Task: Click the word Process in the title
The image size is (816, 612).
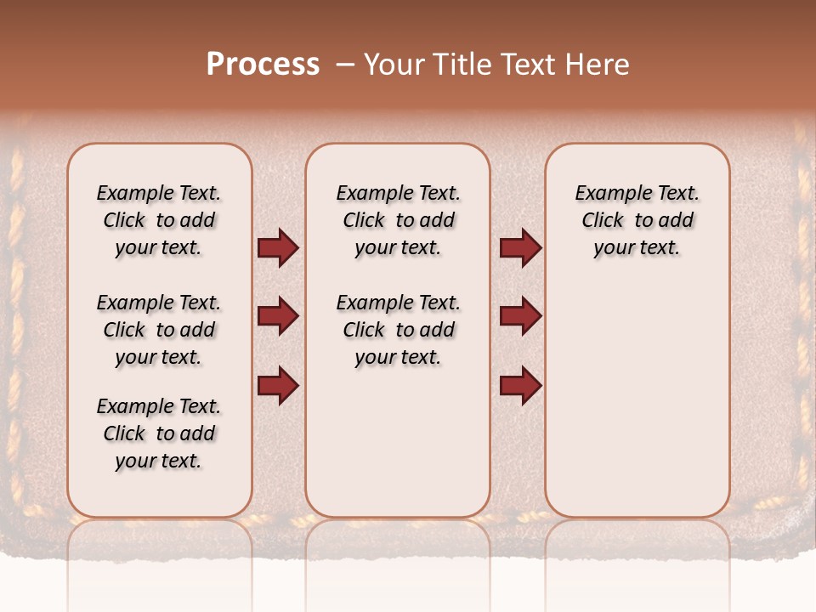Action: point(263,65)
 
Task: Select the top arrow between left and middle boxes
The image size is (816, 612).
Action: point(278,248)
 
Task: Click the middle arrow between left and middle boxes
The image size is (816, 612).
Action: point(278,317)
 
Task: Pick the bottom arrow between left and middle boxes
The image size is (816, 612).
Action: point(278,385)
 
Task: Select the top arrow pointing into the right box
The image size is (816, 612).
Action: point(520,248)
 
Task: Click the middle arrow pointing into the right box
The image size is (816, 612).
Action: point(520,317)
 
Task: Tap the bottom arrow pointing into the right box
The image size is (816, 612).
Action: point(520,385)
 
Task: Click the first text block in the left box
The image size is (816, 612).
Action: point(159,220)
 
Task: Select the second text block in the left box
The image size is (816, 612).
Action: point(159,330)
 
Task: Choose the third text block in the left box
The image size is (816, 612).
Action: point(159,433)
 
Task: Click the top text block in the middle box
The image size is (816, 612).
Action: point(398,220)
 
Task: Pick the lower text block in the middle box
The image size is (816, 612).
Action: point(398,330)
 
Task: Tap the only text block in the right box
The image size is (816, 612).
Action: point(637,220)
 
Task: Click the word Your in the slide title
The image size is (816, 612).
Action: point(394,65)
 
